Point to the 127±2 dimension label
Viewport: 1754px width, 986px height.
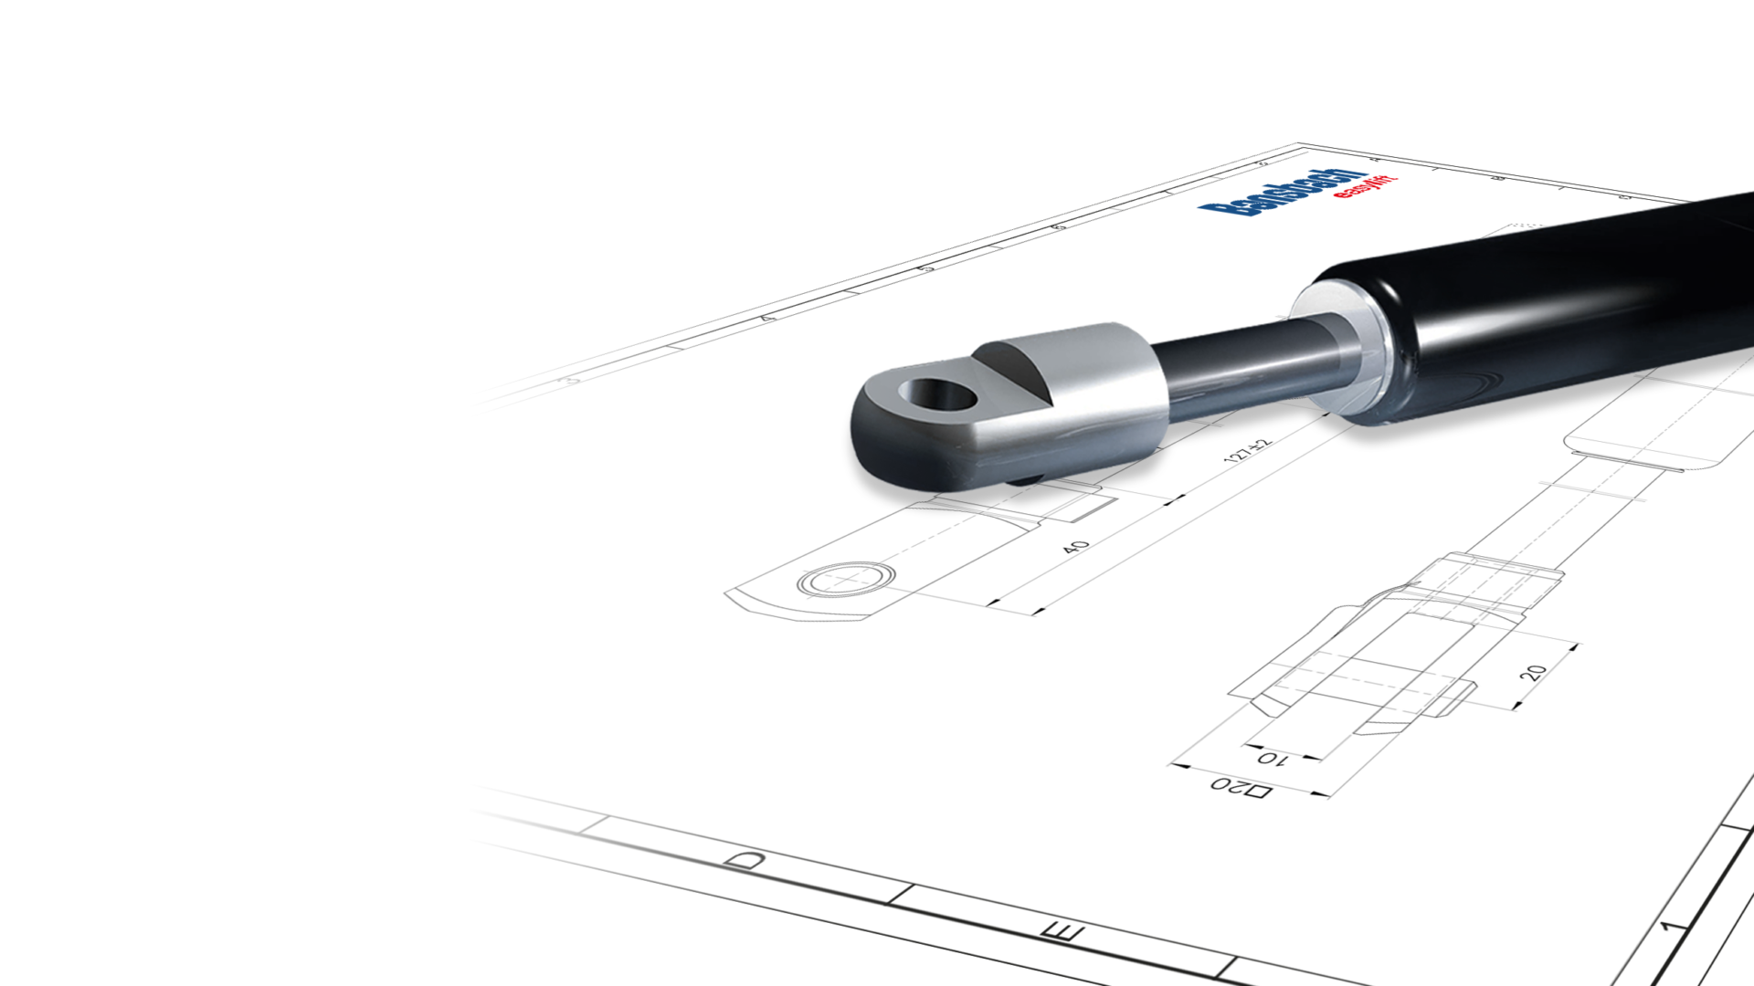(x=1247, y=450)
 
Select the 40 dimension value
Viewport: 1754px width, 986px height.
(x=1076, y=547)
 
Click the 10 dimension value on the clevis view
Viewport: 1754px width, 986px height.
(x=1273, y=758)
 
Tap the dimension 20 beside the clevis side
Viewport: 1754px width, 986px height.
(x=1533, y=673)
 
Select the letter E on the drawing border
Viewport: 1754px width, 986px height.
(x=1062, y=931)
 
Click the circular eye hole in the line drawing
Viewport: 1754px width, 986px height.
(x=846, y=579)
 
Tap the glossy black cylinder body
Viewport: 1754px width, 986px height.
(x=1553, y=310)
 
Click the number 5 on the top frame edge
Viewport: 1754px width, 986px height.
(x=925, y=268)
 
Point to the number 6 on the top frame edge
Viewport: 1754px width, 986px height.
(x=1057, y=226)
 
